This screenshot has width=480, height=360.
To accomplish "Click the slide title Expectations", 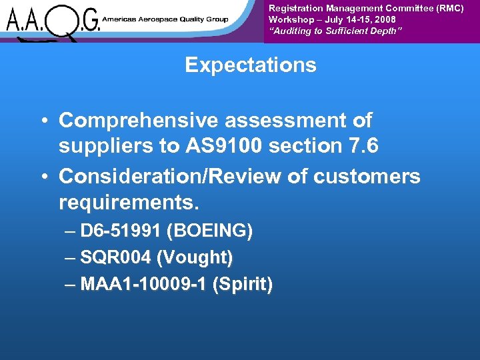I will point(250,65).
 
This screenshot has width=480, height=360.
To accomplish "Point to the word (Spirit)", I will point(242,285).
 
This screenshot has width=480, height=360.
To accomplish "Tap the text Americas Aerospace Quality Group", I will point(165,19).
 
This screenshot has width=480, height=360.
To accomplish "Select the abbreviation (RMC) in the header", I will point(449,8).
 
